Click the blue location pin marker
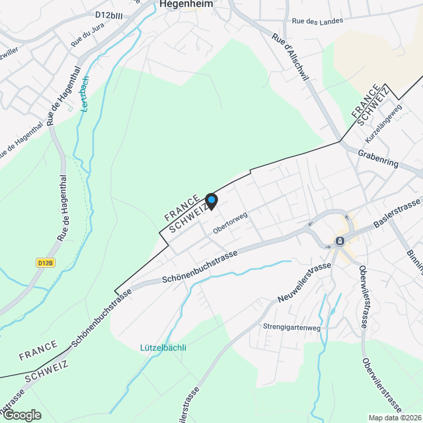pos(211,200)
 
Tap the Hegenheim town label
pos(185,4)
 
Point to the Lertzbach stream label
pos(85,93)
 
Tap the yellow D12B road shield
pos(44,262)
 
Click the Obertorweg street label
pos(230,223)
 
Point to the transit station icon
pos(340,241)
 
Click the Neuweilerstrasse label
pos(304,283)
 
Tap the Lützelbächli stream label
pos(163,348)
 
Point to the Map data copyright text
pos(395,418)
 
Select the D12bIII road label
pos(110,15)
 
